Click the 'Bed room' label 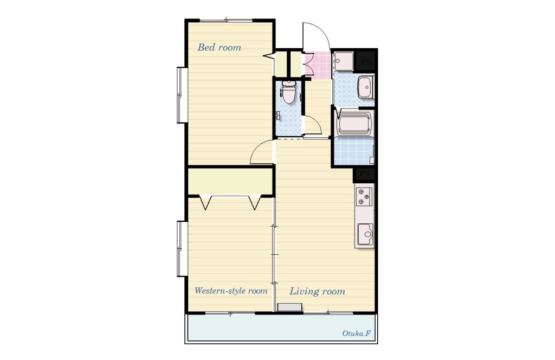coord(219,47)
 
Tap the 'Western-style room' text coord(231,291)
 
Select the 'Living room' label coord(317,291)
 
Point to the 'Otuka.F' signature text coord(356,333)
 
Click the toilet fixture coord(288,92)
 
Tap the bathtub coord(354,124)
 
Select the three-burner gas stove coord(364,196)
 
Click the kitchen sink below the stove coord(365,234)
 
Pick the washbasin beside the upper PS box coord(365,87)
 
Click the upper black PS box coord(365,62)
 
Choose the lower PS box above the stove coord(365,174)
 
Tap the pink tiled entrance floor coord(318,65)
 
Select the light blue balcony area coord(281,328)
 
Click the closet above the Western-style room coord(230,181)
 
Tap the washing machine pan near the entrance coord(343,62)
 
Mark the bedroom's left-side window coord(182,95)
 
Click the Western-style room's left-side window coord(182,248)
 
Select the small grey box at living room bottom coord(290,307)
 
